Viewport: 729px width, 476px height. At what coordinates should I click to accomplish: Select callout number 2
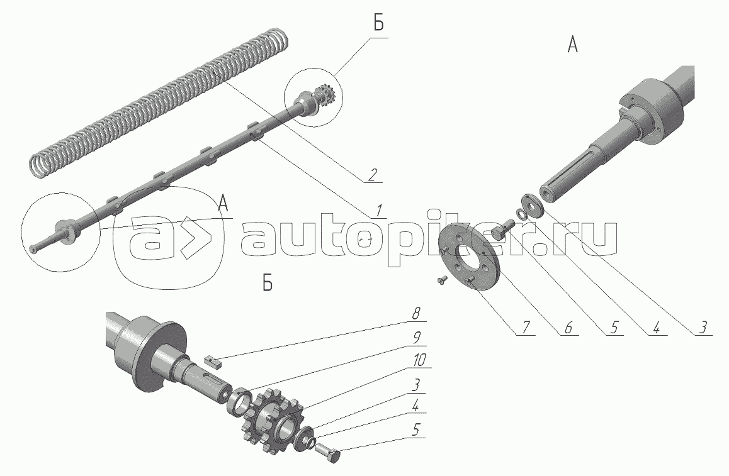(373, 175)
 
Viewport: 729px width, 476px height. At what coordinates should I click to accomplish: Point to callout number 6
(568, 327)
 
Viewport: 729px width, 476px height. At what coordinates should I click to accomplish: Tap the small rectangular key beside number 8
(214, 361)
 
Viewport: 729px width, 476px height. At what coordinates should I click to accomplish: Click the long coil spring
(157, 101)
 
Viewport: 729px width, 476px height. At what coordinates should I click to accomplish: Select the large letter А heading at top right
(572, 45)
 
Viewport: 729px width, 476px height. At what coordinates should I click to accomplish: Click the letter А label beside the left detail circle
(222, 202)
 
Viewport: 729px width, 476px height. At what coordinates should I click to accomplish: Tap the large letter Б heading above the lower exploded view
(268, 285)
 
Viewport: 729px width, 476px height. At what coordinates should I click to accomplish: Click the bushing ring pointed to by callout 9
(239, 402)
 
